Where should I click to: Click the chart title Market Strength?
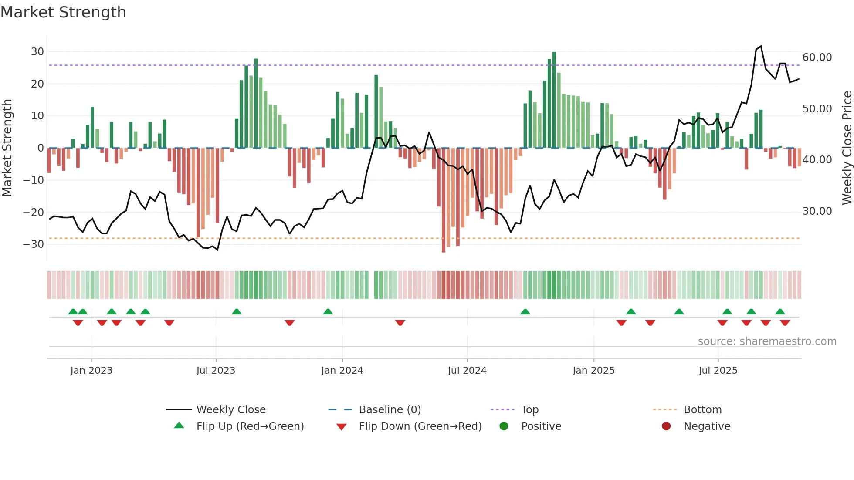tap(63, 12)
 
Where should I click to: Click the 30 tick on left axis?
tap(37, 52)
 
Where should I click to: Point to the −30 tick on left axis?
tap(34, 244)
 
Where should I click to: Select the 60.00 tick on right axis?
tap(817, 57)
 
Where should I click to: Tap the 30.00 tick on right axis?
tap(817, 211)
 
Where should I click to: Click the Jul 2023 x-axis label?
tap(216, 371)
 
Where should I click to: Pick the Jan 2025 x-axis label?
tap(593, 371)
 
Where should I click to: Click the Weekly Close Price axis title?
tap(847, 148)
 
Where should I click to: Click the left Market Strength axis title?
tap(7, 148)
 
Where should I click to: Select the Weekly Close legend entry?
tap(230, 410)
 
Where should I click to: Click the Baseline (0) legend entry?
tap(390, 410)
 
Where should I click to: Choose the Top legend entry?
tap(529, 410)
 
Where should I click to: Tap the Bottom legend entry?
tap(702, 410)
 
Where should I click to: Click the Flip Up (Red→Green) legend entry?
tap(250, 426)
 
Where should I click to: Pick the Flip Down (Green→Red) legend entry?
tap(420, 426)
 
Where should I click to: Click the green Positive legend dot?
tap(504, 426)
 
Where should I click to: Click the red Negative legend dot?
tap(666, 426)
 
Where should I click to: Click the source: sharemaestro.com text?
tap(767, 341)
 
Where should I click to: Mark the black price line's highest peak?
tap(761, 46)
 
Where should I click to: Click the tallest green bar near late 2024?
tap(554, 100)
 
